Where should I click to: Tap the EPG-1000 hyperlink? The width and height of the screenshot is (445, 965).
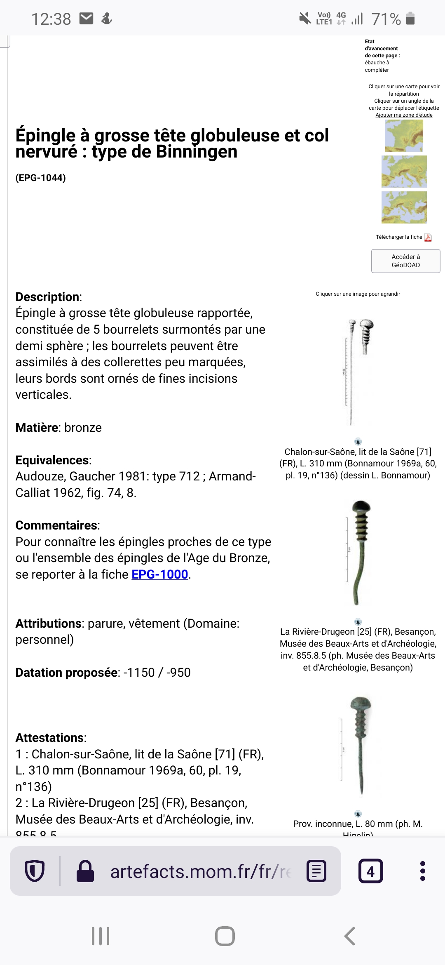[160, 574]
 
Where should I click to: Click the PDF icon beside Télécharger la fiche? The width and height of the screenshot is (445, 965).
[428, 238]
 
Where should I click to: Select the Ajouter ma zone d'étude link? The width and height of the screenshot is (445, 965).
[404, 115]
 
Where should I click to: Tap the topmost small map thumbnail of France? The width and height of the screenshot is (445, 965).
[404, 136]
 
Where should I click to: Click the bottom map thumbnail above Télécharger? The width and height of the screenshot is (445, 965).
[404, 207]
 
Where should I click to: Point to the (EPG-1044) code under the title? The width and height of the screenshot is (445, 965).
[40, 178]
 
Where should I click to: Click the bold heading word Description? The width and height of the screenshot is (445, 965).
[48, 297]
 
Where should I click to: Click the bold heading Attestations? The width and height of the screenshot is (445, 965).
[50, 738]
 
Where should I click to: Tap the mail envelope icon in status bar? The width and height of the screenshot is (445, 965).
[86, 19]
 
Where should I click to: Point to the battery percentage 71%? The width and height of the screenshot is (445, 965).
[386, 19]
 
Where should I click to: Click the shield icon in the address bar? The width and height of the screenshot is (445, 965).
[35, 871]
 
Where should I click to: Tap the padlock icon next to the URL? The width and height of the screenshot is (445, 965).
[85, 871]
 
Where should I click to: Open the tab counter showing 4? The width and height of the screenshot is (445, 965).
[370, 871]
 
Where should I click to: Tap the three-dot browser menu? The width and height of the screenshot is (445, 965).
[422, 871]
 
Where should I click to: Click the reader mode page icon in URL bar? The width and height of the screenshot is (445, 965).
[316, 871]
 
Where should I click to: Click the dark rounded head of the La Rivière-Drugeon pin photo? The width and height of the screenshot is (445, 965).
[361, 506]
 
